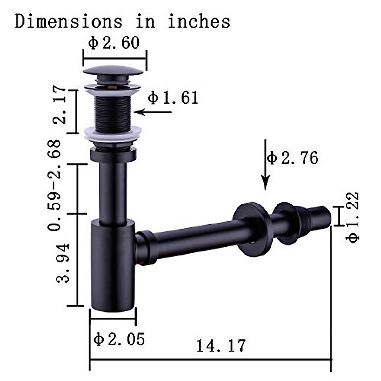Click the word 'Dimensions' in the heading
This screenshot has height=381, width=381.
(68, 22)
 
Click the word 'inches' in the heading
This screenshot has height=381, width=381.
(199, 22)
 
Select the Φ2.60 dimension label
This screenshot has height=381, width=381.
(114, 43)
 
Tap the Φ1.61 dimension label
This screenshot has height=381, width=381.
(173, 98)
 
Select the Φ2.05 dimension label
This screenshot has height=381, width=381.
(119, 339)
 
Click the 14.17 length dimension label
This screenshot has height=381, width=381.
(221, 346)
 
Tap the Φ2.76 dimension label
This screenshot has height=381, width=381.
(292, 158)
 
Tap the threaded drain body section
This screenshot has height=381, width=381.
(113, 113)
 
